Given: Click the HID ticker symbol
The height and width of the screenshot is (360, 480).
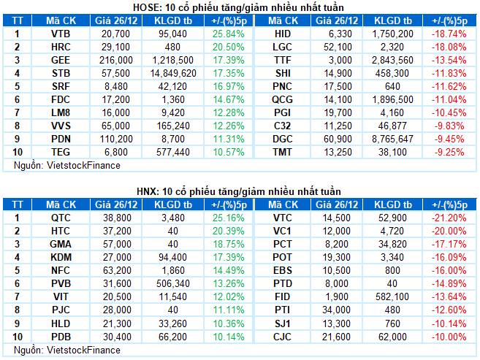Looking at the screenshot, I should (x=283, y=34).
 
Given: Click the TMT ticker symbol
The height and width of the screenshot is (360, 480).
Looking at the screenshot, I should (x=283, y=152).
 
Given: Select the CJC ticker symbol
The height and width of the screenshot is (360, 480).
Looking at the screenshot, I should (x=283, y=337).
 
